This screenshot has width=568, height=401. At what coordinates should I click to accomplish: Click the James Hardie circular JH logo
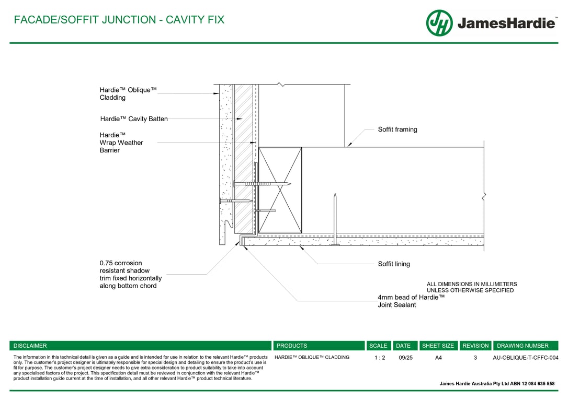point(439,23)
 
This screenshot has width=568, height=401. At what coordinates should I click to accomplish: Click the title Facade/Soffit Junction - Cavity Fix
point(119,19)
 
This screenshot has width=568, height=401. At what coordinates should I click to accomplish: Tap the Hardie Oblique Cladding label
point(128,93)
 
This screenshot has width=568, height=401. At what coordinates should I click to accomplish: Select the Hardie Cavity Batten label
point(134,119)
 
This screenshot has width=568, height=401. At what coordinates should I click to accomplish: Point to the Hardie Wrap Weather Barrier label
point(121,143)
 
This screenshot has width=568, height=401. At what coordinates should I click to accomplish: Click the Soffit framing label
point(397,129)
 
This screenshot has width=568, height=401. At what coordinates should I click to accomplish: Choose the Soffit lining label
point(394,264)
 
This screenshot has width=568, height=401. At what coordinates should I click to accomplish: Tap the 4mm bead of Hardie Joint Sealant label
point(411,301)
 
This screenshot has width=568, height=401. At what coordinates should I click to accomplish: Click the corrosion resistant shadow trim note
point(130,275)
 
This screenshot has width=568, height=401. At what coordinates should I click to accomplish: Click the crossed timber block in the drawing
point(280,190)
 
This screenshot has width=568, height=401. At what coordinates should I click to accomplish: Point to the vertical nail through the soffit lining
point(335,219)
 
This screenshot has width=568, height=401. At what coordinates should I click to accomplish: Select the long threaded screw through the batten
point(262,184)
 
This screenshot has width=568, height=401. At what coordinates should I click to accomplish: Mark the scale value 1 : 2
point(380,358)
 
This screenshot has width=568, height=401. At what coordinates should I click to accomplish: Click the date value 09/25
point(405,358)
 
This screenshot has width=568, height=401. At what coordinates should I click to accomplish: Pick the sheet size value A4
point(438,358)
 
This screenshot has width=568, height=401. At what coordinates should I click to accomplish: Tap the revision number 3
point(475,358)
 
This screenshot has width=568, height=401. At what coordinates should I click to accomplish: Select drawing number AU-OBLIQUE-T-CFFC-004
point(525,358)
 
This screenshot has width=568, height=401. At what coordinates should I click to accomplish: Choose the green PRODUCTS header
point(319,346)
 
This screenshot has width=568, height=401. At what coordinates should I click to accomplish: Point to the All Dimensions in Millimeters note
point(472,287)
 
